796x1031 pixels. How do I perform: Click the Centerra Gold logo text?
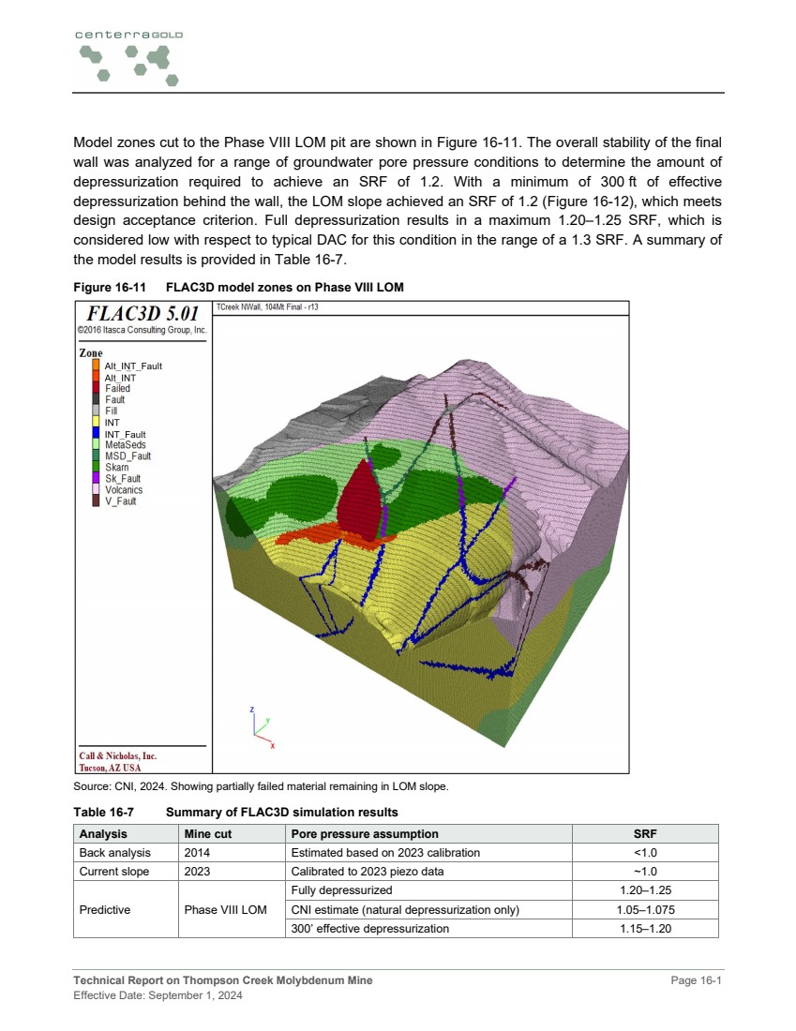[x=128, y=35]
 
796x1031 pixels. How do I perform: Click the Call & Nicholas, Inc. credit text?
[x=117, y=755]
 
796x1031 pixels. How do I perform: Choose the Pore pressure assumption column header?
[x=364, y=833]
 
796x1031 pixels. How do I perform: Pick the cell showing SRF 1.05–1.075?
[x=646, y=909]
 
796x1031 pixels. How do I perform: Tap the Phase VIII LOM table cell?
[x=225, y=909]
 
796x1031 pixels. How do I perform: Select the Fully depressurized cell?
[x=341, y=890]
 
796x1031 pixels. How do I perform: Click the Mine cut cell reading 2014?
[x=197, y=852]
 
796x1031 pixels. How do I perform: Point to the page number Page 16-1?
[x=697, y=980]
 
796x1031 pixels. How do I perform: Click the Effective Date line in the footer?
[x=158, y=995]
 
